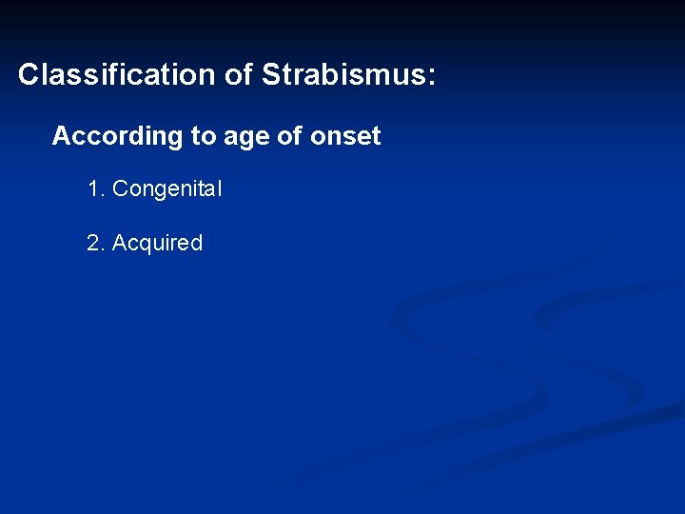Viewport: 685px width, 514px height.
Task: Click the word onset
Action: (345, 137)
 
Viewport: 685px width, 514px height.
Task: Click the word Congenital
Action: (167, 189)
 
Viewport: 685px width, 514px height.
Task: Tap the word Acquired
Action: (158, 244)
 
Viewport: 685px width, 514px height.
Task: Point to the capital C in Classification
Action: (28, 75)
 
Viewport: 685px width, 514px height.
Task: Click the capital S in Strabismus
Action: (270, 75)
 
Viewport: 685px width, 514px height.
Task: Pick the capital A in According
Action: (61, 137)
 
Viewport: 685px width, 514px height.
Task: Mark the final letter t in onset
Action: (376, 137)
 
